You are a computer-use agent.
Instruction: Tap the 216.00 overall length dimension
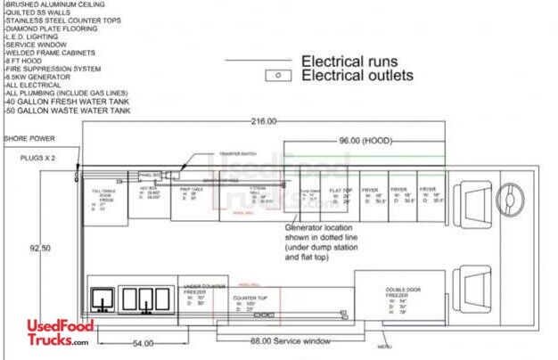(x=264, y=121)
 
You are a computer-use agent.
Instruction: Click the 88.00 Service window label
(x=285, y=340)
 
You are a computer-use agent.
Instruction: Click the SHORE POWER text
(x=29, y=139)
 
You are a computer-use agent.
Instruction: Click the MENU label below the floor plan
(x=383, y=347)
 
